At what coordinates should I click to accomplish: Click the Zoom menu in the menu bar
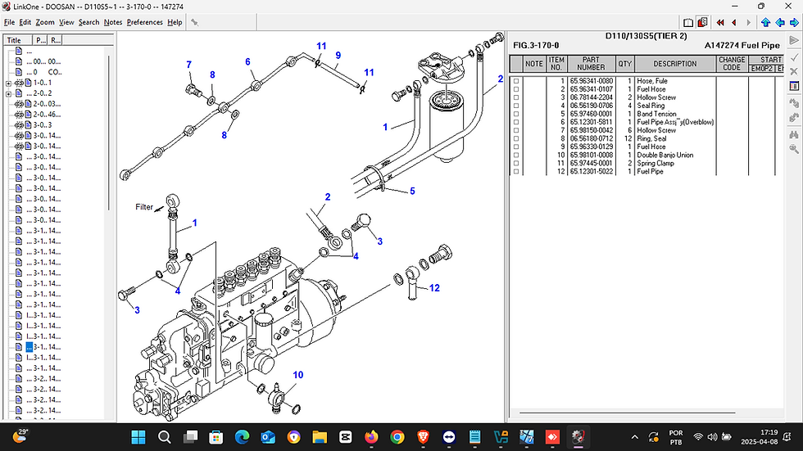pyautogui.click(x=45, y=22)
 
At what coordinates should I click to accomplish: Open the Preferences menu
pyautogui.click(x=145, y=22)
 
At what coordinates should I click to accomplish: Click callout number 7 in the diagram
pyautogui.click(x=188, y=65)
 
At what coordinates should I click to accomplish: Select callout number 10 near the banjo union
pyautogui.click(x=298, y=375)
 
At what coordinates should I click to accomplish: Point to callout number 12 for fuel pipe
pyautogui.click(x=434, y=287)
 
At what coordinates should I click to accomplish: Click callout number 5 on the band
pyautogui.click(x=412, y=191)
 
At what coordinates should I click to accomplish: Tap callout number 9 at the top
pyautogui.click(x=337, y=55)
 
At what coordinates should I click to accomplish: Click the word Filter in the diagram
pyautogui.click(x=144, y=207)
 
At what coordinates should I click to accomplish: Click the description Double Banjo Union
pyautogui.click(x=665, y=155)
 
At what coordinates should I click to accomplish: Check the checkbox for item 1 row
pyautogui.click(x=516, y=81)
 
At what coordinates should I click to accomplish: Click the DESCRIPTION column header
pyautogui.click(x=674, y=63)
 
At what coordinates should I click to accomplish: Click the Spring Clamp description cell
pyautogui.click(x=656, y=163)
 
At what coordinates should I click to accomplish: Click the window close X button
pyautogui.click(x=787, y=7)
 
